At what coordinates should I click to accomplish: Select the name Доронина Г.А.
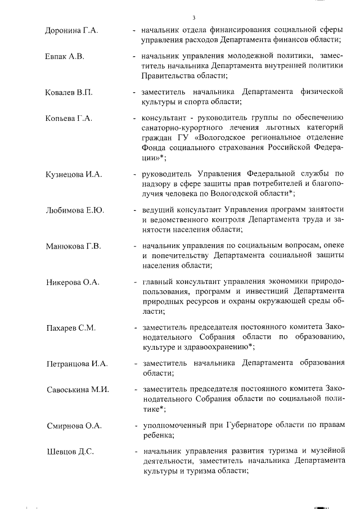[71, 30]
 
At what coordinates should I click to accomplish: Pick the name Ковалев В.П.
[69, 91]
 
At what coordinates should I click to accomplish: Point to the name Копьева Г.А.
[68, 118]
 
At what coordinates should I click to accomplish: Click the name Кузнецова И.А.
[73, 174]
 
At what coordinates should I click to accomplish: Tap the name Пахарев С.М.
[70, 327]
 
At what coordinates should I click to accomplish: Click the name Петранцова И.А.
[76, 363]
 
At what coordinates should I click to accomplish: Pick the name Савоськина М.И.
[78, 389]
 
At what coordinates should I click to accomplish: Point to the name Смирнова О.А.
[74, 425]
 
